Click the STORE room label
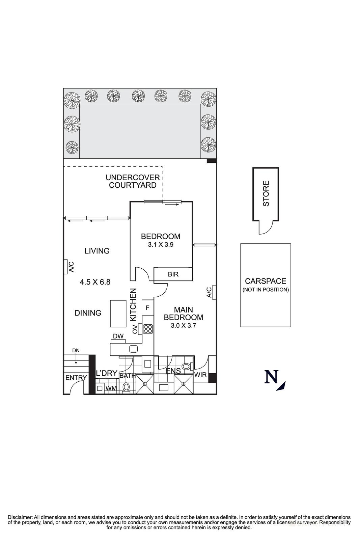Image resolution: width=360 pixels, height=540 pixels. (x=266, y=194)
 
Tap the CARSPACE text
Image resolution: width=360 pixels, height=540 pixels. (x=266, y=281)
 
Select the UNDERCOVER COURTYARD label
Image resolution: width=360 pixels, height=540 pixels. (x=132, y=181)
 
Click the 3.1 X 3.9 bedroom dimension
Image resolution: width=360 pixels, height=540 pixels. (x=161, y=245)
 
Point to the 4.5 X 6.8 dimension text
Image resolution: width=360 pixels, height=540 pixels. (x=95, y=282)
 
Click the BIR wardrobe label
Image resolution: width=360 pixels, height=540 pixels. (x=173, y=274)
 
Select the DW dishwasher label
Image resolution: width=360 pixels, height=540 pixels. (x=118, y=336)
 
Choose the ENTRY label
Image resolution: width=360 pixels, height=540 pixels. (x=76, y=378)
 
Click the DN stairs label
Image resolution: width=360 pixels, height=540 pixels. (x=76, y=351)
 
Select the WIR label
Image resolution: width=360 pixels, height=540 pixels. (x=200, y=375)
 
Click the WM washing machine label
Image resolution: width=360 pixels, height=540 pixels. (x=111, y=388)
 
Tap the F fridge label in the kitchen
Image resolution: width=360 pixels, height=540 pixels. (x=147, y=308)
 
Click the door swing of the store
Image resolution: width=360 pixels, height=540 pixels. (x=265, y=228)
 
